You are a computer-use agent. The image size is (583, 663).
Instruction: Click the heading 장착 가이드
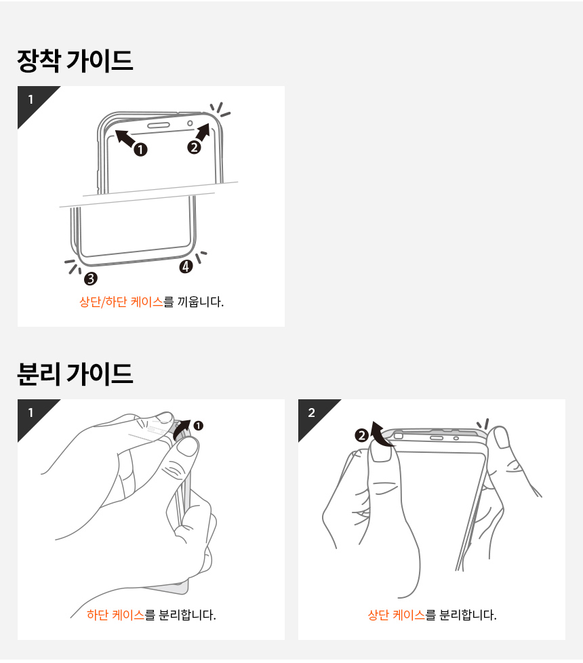click(x=75, y=60)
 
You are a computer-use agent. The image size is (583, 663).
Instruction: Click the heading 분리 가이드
click(x=75, y=374)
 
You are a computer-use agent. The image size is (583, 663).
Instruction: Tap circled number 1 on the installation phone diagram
click(x=141, y=149)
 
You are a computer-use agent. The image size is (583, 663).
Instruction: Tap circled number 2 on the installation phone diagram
click(x=194, y=147)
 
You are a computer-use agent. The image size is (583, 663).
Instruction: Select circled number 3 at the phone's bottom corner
click(x=90, y=279)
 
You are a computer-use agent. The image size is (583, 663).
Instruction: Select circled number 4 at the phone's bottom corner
click(x=186, y=266)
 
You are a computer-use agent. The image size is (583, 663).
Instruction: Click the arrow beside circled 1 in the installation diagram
click(x=125, y=138)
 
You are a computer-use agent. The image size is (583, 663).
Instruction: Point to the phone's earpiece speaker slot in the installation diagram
click(x=158, y=125)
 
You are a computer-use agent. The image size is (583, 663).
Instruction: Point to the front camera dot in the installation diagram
click(x=190, y=123)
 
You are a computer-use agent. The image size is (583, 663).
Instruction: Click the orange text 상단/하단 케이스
click(x=121, y=302)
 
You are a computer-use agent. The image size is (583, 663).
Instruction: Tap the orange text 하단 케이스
click(x=115, y=615)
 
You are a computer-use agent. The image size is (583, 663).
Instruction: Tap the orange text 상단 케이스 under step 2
click(x=396, y=615)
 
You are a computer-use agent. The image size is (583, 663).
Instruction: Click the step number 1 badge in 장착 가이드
click(x=31, y=100)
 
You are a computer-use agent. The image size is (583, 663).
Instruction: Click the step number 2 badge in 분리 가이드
click(x=312, y=413)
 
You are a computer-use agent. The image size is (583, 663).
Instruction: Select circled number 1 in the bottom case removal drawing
click(x=198, y=425)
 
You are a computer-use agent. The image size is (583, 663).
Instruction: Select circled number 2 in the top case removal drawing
click(x=361, y=435)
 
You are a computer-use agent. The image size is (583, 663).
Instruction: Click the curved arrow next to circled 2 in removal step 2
click(x=380, y=435)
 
